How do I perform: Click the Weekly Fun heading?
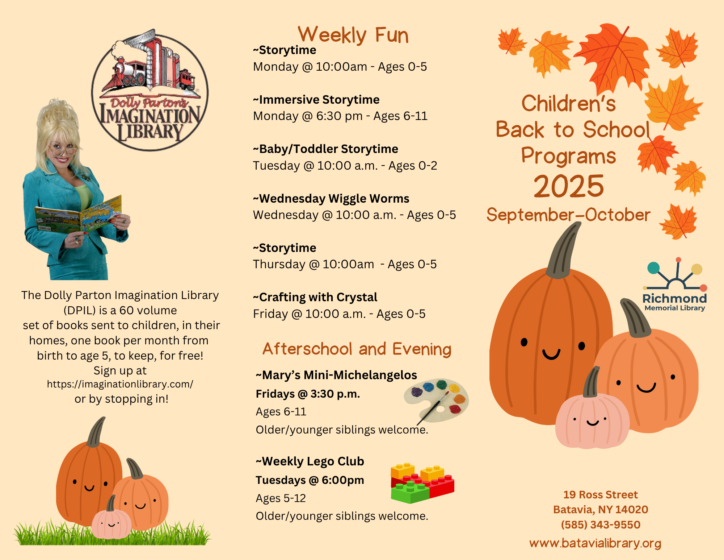353,35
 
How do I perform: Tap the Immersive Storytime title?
316,99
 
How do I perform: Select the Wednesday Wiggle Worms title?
331,198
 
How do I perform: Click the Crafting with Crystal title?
315,297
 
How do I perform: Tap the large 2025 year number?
569,186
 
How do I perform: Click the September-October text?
568,215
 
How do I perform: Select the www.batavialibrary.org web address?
595,543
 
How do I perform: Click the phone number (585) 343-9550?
601,524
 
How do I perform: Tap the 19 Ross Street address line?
601,494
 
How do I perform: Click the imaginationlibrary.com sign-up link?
120,384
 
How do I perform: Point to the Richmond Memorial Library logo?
675,285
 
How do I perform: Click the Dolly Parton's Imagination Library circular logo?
150,90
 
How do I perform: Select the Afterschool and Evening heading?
357,349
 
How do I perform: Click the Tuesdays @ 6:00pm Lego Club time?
310,480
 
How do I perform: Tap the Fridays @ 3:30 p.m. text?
308,394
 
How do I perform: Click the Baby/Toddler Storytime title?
325,149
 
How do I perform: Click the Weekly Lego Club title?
310,461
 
